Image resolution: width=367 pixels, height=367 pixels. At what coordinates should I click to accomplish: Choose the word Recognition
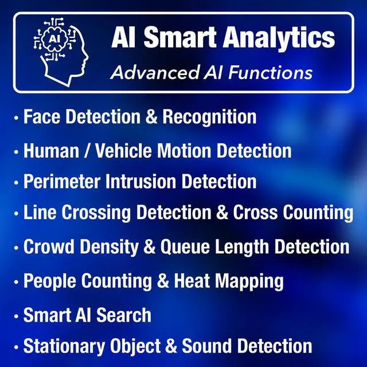click(209, 117)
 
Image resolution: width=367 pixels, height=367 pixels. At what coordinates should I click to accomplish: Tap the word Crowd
click(49, 247)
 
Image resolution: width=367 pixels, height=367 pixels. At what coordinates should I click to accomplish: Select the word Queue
click(188, 247)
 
